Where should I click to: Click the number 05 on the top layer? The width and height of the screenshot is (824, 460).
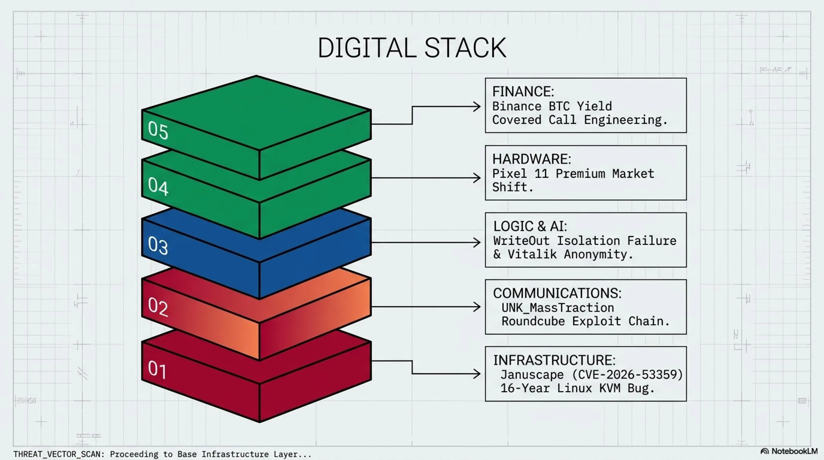(x=158, y=130)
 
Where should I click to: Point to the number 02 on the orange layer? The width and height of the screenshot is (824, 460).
(x=158, y=306)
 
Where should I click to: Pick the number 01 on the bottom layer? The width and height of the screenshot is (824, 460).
(x=157, y=370)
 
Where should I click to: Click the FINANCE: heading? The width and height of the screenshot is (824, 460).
(x=523, y=92)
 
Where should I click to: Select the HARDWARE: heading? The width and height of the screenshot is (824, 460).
(x=532, y=159)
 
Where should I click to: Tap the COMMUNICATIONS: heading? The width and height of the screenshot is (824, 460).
(x=557, y=293)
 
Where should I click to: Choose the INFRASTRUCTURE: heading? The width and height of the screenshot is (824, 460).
(x=554, y=360)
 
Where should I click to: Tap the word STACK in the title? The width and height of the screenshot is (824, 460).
(x=465, y=48)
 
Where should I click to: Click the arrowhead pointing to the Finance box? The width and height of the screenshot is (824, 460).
(x=477, y=107)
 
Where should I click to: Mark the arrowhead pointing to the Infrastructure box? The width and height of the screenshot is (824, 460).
(x=477, y=374)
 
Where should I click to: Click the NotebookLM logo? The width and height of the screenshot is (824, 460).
(x=789, y=451)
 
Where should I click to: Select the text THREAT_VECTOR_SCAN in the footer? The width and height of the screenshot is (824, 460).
(x=57, y=454)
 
